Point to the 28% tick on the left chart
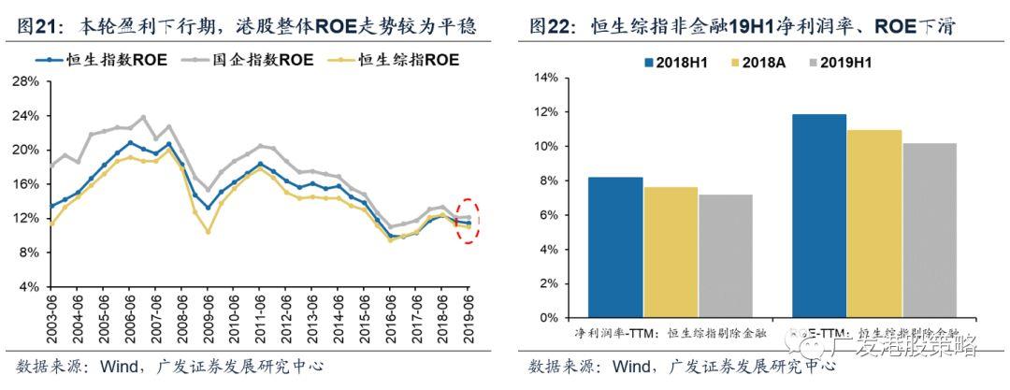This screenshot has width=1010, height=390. [x=24, y=81]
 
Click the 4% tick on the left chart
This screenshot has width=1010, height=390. [x=27, y=286]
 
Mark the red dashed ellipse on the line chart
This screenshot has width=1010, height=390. [x=469, y=221]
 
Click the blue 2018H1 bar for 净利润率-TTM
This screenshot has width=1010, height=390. [x=615, y=247]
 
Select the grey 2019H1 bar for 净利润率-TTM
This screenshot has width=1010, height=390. [x=726, y=256]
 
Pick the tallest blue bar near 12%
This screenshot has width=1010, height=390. [x=819, y=215]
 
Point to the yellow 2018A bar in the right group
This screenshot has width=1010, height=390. [x=874, y=224]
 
